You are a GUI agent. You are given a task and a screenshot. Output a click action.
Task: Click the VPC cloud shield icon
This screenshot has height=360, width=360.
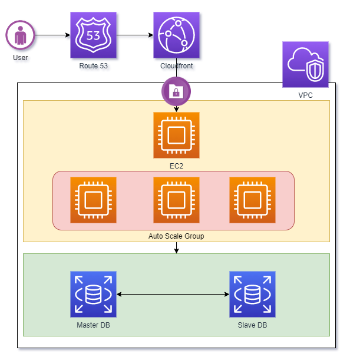(305, 64)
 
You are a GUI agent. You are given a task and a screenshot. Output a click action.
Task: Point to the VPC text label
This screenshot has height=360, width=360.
(305, 95)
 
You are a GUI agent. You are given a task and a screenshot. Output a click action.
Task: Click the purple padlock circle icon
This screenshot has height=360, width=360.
(176, 91)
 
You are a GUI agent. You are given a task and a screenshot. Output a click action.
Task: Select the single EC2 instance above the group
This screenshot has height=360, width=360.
(176, 135)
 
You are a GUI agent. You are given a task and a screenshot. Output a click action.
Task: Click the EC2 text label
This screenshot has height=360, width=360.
(176, 166)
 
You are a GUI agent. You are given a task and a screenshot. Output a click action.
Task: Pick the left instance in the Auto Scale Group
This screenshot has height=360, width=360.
(93, 200)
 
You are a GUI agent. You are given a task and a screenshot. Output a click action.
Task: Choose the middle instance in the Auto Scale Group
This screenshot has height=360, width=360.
(176, 200)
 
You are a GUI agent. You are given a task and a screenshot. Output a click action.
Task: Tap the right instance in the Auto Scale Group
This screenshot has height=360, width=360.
(252, 200)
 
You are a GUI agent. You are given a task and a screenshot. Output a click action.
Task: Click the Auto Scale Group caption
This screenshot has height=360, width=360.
(176, 236)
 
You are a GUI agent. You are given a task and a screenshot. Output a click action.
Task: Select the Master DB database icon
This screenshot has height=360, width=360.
(93, 294)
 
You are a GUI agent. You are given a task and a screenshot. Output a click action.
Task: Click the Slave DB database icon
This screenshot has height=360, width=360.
(252, 294)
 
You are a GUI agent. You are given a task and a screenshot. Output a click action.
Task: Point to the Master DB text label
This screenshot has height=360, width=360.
(93, 325)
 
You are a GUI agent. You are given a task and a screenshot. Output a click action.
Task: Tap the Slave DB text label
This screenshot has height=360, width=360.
(252, 325)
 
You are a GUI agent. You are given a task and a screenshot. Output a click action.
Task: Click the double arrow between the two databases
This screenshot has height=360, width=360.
(173, 294)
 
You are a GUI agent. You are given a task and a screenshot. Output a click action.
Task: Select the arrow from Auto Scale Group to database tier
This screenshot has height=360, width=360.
(176, 247)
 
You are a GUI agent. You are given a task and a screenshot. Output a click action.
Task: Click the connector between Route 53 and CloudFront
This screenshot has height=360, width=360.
(135, 37)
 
